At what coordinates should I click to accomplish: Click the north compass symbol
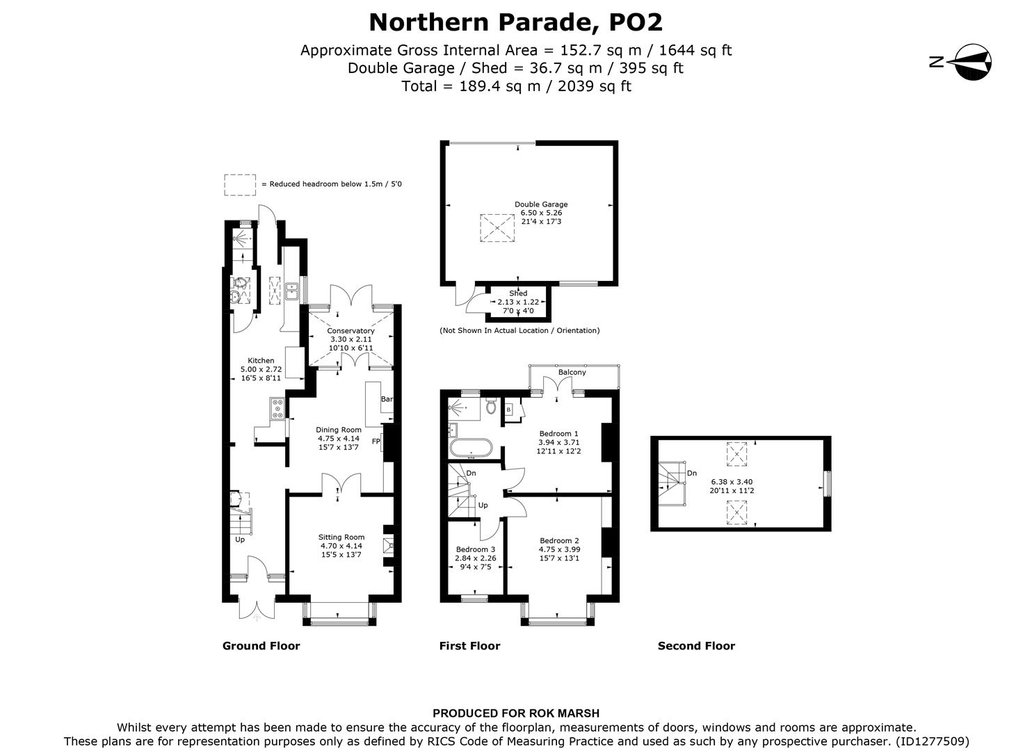(x=971, y=62)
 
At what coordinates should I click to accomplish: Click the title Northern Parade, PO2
(x=515, y=22)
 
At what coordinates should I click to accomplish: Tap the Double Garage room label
(x=541, y=204)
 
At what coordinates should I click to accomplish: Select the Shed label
(x=518, y=293)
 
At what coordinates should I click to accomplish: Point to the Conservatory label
(x=350, y=331)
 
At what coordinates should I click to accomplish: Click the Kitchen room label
(x=261, y=360)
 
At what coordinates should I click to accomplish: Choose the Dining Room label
(x=339, y=430)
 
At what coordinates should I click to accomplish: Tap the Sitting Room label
(x=341, y=537)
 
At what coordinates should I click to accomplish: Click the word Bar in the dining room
(x=387, y=400)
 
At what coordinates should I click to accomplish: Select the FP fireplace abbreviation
(x=376, y=442)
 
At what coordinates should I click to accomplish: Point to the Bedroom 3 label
(x=475, y=549)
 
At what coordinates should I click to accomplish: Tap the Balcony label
(x=572, y=372)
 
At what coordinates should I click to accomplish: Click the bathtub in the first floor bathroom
(x=471, y=448)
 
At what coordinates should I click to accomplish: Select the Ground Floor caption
(x=261, y=646)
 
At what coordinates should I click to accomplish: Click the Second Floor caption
(x=696, y=646)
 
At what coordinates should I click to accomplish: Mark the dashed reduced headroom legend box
(x=239, y=184)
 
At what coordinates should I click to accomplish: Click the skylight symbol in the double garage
(x=495, y=227)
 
